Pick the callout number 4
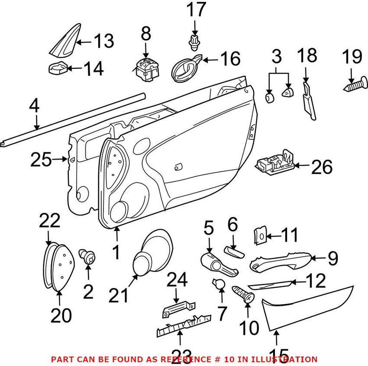[35, 106]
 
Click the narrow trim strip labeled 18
[308, 102]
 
